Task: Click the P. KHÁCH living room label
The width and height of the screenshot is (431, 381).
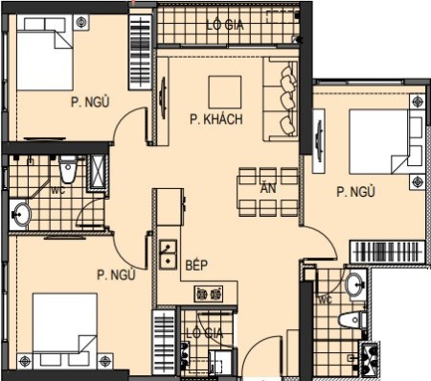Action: pos(216,119)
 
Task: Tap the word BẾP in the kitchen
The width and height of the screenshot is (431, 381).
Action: pos(196,265)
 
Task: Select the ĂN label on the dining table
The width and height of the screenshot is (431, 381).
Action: pos(268,188)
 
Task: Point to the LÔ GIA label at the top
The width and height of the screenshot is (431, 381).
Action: pos(225,25)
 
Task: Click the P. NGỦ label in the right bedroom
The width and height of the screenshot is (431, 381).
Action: pos(355,192)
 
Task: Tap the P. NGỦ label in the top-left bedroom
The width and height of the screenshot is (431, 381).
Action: pos(90,102)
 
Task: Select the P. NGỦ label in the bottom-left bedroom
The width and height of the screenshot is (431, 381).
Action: pos(116,274)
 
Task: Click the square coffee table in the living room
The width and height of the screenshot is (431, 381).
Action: pos(225,92)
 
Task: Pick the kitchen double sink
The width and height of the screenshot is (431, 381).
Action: pos(168,254)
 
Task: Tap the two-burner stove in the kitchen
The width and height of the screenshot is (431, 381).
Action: pos(209,294)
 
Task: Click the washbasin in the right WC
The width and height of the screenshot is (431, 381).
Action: pos(355,284)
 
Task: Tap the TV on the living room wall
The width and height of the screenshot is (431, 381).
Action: pos(163,98)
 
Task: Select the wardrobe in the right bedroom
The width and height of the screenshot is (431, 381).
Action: pos(388,251)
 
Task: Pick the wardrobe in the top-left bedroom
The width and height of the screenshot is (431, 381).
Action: pos(140,52)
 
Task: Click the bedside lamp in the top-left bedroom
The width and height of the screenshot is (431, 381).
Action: pos(81,22)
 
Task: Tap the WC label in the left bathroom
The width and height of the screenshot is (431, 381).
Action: pos(58,190)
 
